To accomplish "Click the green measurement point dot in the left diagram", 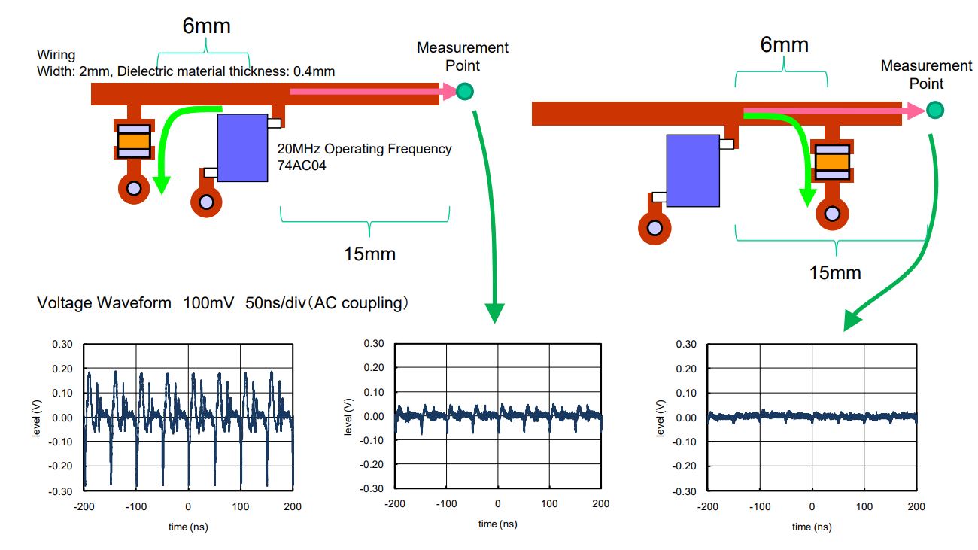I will tap(466, 92).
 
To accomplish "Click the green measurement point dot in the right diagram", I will tap(934, 111).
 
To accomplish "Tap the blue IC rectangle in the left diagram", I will tap(242, 147).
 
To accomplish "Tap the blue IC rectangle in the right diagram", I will tap(692, 170).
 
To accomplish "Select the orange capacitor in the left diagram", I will tap(133, 141).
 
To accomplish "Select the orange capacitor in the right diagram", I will tap(832, 162).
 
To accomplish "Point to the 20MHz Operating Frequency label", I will tap(365, 149).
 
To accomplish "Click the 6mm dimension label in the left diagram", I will tap(206, 26).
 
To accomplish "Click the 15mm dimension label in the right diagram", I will tap(834, 272).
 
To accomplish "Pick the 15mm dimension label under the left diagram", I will tap(369, 254).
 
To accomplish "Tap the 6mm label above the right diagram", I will tap(784, 45).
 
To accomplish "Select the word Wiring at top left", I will tap(56, 55).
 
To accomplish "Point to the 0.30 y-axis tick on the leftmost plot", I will tap(62, 345).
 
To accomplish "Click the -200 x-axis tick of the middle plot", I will tap(395, 503).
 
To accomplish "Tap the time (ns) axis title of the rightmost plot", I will tap(812, 527).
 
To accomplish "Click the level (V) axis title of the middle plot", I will tap(348, 415).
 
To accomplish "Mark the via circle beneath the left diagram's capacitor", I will tap(134, 188).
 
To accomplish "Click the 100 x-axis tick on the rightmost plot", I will tap(864, 507).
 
